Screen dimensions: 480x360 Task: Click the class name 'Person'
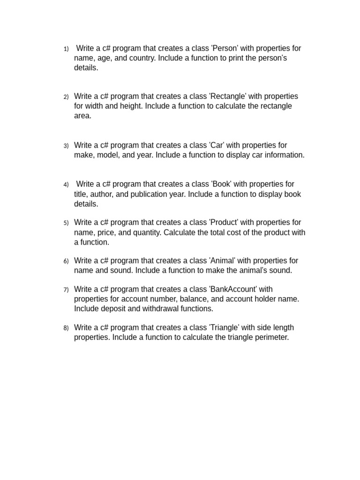coord(225,48)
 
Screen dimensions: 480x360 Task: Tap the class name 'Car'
coord(219,145)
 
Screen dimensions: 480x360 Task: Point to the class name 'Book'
coord(221,184)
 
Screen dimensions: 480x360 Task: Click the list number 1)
coord(66,49)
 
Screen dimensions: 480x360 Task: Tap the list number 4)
coord(66,185)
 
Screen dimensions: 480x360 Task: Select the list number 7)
coord(66,290)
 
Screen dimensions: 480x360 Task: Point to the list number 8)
coord(66,328)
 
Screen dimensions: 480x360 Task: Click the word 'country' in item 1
coord(142,58)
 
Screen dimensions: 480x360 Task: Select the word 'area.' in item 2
coord(82,116)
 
